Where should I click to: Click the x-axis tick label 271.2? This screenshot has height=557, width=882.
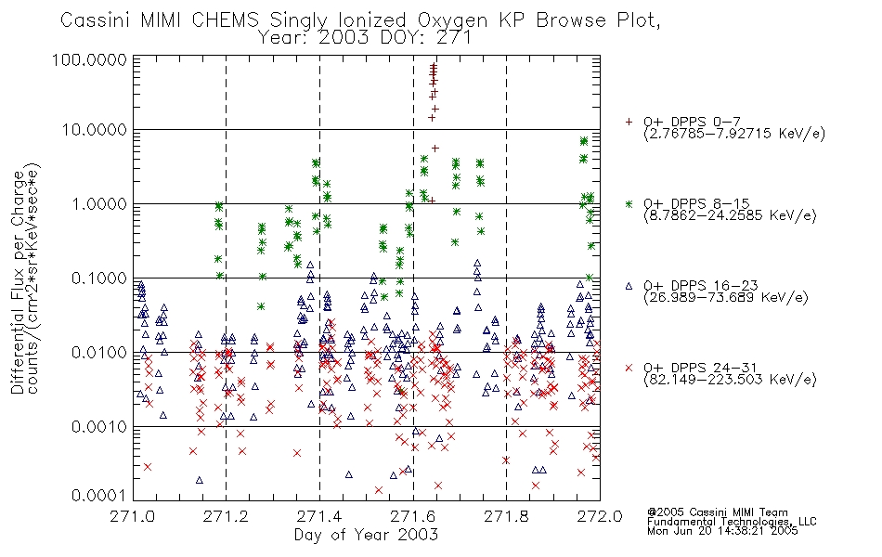coord(227,516)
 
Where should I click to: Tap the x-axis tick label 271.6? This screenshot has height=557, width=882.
coord(413,516)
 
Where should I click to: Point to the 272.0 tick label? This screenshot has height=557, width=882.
coord(600,516)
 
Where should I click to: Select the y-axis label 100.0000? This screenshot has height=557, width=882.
coord(90,59)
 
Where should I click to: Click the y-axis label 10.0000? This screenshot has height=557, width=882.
coord(94,130)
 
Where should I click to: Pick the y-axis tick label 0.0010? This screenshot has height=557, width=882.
coord(99,427)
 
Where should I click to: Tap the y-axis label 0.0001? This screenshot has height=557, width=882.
coord(99,496)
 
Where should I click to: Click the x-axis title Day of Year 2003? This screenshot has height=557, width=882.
coord(366,535)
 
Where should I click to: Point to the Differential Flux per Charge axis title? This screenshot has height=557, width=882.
coord(18,281)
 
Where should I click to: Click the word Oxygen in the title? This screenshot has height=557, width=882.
coord(453,20)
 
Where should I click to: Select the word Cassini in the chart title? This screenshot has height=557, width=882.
coord(95,20)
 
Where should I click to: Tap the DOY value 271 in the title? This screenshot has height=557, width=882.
coord(453,38)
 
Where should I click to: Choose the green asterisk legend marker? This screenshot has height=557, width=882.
coord(629,203)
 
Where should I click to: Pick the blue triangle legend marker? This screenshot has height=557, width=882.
coord(629,286)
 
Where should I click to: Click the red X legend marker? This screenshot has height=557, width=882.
coord(629,368)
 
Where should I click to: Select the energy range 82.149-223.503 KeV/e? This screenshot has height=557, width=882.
coord(730,380)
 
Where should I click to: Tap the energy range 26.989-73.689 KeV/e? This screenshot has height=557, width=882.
coord(726,298)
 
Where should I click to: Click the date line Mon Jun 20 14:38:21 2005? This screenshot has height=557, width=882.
coord(722,531)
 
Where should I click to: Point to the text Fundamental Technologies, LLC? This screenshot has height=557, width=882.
coord(732,522)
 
